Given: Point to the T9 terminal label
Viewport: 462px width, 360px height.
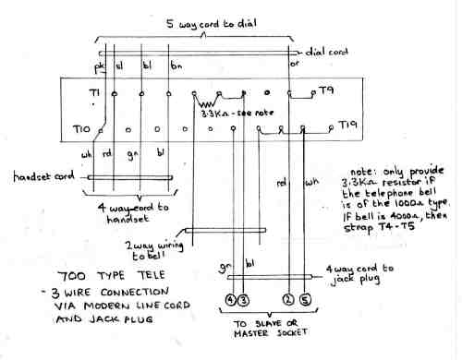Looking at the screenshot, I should pos(326,90).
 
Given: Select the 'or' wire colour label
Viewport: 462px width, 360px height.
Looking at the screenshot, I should pos(294,66).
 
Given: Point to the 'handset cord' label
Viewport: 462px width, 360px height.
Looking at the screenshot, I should pos(43,176).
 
